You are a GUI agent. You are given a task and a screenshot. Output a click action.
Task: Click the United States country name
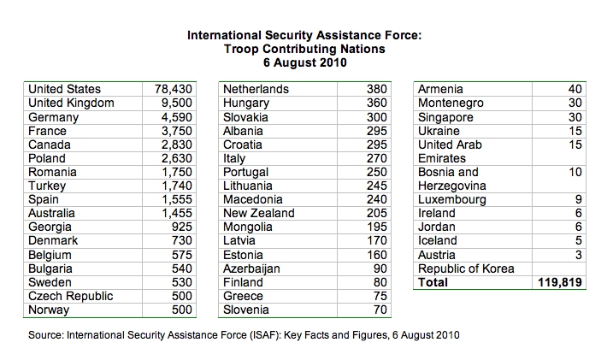pos(64,89)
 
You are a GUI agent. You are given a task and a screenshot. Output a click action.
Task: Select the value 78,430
pos(176,89)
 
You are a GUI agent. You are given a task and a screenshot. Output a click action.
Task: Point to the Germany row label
pos(53,117)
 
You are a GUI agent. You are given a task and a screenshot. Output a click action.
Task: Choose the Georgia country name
pos(50,227)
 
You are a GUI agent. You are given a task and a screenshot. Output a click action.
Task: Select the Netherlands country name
pos(256,89)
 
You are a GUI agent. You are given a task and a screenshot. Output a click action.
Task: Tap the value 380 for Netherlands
pos(377,89)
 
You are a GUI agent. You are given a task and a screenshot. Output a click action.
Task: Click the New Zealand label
pos(258,213)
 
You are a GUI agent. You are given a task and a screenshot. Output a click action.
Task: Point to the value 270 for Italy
pos(377,158)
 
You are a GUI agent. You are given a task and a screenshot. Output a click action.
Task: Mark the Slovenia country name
pos(246,310)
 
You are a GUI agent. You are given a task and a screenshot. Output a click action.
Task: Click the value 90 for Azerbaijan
pos(380,269)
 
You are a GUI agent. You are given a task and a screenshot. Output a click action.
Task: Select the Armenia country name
pos(440,89)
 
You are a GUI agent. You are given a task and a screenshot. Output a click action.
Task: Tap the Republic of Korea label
pos(466,269)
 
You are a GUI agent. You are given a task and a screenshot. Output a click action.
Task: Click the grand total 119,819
pos(558,283)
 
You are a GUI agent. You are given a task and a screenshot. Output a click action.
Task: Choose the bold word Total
pos(433,283)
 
